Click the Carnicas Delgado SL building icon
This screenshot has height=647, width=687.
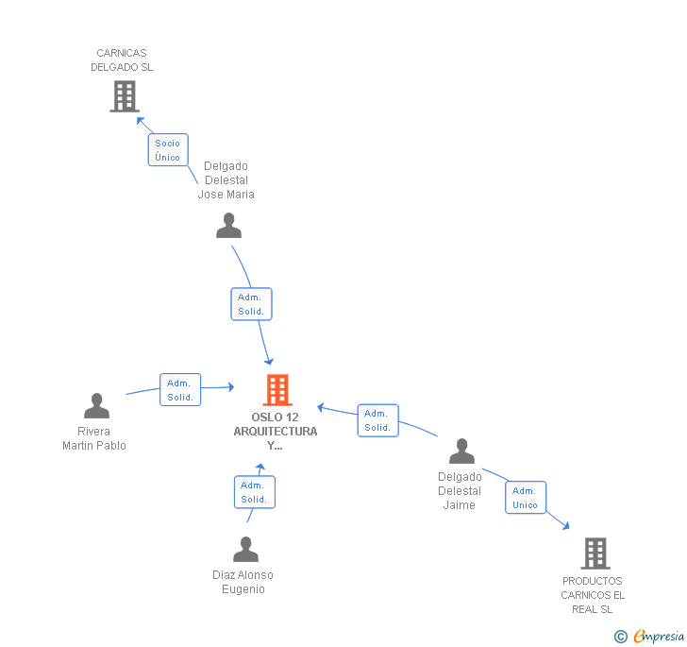pyautogui.click(x=124, y=95)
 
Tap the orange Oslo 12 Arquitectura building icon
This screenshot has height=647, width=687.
pyautogui.click(x=276, y=389)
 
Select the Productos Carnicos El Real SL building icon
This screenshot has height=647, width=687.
pyautogui.click(x=595, y=553)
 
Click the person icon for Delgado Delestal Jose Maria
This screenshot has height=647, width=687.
pyautogui.click(x=228, y=226)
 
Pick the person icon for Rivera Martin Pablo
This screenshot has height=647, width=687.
pyautogui.click(x=96, y=406)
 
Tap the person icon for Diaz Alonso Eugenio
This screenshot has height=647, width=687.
pyautogui.click(x=245, y=549)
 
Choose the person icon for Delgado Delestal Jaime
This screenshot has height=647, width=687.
pyautogui.click(x=461, y=451)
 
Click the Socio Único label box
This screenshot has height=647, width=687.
pyautogui.click(x=168, y=150)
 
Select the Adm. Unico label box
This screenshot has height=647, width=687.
pyautogui.click(x=526, y=498)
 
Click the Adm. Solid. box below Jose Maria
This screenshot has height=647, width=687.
pyautogui.click(x=251, y=304)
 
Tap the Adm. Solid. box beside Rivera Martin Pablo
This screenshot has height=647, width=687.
pyautogui.click(x=179, y=390)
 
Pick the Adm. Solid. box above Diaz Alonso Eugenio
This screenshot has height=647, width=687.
pyautogui.click(x=254, y=492)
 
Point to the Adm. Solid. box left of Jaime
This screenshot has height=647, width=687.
pyautogui.click(x=377, y=420)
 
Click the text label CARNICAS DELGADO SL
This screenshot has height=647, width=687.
pyautogui.click(x=122, y=60)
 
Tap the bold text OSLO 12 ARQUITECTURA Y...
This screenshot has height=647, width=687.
pyautogui.click(x=276, y=431)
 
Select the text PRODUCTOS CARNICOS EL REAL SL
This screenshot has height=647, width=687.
pyautogui.click(x=593, y=595)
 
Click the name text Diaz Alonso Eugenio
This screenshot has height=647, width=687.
pyautogui.click(x=243, y=582)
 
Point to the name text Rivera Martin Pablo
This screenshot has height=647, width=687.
pyautogui.click(x=94, y=438)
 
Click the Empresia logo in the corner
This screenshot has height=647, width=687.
pyautogui.click(x=650, y=636)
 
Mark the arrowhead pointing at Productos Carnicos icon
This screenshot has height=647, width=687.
pyautogui.click(x=565, y=525)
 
